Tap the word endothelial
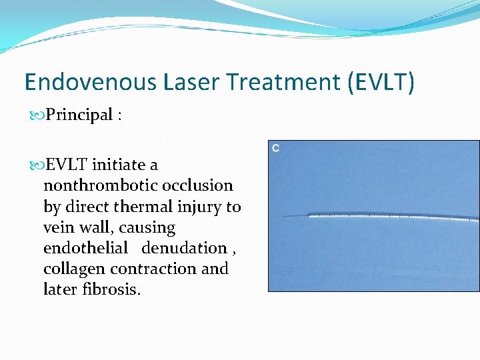click(x=85, y=248)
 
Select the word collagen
click(x=73, y=269)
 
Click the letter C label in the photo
click(x=275, y=147)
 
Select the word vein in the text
click(x=59, y=227)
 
